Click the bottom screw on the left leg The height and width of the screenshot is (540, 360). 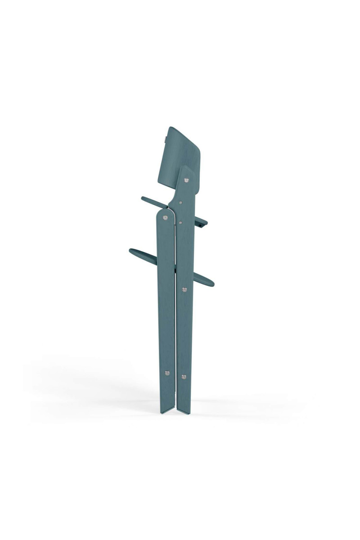(x=167, y=373)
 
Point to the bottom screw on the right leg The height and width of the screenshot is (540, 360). (x=183, y=376)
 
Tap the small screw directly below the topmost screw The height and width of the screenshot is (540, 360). (x=180, y=203)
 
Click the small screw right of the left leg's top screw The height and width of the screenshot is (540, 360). (x=180, y=222)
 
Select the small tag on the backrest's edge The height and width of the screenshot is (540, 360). (x=166, y=135)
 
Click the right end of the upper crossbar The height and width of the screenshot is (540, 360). (x=204, y=222)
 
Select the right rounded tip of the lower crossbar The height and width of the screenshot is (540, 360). (x=211, y=283)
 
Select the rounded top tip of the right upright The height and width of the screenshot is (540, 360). (x=186, y=169)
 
